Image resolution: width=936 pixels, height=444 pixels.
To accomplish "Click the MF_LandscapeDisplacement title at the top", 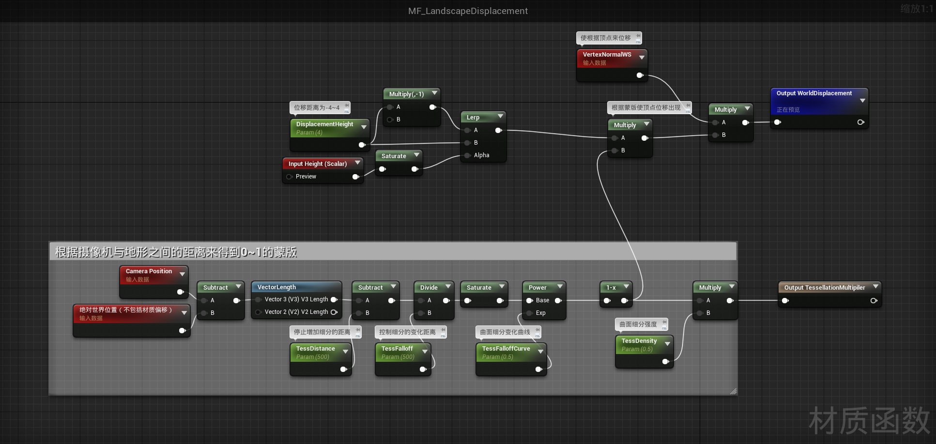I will click(468, 11).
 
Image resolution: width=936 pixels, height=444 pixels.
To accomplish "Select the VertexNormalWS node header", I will click(607, 55).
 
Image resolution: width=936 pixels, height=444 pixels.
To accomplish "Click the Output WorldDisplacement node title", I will click(814, 93).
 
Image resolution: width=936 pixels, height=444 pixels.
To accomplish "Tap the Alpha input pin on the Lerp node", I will click(468, 155).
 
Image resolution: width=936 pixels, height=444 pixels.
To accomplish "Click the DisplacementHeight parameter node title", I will click(324, 124).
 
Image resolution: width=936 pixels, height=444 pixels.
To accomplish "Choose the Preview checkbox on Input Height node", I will click(290, 177).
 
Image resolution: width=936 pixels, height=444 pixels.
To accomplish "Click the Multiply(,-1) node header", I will click(406, 94).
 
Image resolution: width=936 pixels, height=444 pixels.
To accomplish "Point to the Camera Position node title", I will click(149, 271).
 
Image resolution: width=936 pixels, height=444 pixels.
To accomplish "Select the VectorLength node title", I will click(276, 287).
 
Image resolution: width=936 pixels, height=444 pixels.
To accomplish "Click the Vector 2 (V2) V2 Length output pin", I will click(334, 312).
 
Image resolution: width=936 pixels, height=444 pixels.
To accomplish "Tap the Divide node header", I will click(429, 288).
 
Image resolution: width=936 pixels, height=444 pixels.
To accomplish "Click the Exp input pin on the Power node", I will click(530, 313).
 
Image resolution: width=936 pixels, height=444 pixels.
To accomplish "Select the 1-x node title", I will click(611, 288).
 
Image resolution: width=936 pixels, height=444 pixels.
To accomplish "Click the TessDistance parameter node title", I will click(315, 349).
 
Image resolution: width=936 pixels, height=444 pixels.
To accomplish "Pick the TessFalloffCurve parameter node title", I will click(506, 349).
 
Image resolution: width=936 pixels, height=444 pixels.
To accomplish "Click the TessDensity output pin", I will click(666, 361).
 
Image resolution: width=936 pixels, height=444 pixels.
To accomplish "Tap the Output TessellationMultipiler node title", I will click(824, 288).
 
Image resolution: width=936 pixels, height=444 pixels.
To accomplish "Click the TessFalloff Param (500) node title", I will click(397, 349).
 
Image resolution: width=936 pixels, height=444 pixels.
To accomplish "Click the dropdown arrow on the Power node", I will click(560, 287).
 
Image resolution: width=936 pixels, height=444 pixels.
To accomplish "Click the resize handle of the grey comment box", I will click(733, 391).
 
